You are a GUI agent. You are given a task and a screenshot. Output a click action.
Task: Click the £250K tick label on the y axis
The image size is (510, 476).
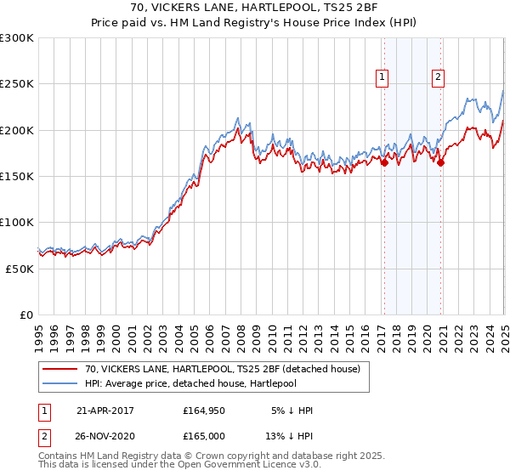pos(17,84)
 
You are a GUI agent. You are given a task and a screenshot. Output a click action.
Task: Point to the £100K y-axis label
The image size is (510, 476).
pos(17,222)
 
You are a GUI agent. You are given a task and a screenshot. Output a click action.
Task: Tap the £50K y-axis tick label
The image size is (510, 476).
pos(20,268)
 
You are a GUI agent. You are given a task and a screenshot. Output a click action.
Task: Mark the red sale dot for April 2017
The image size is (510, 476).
pos(384,162)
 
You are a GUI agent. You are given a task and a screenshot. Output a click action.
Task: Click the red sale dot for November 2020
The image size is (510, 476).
pos(440,162)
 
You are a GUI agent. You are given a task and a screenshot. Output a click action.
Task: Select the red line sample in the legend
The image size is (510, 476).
pos(60,369)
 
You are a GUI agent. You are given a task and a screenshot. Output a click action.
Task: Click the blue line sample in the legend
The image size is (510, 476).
pos(60,382)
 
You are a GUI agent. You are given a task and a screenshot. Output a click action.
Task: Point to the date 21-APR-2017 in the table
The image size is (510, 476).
pos(105,410)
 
